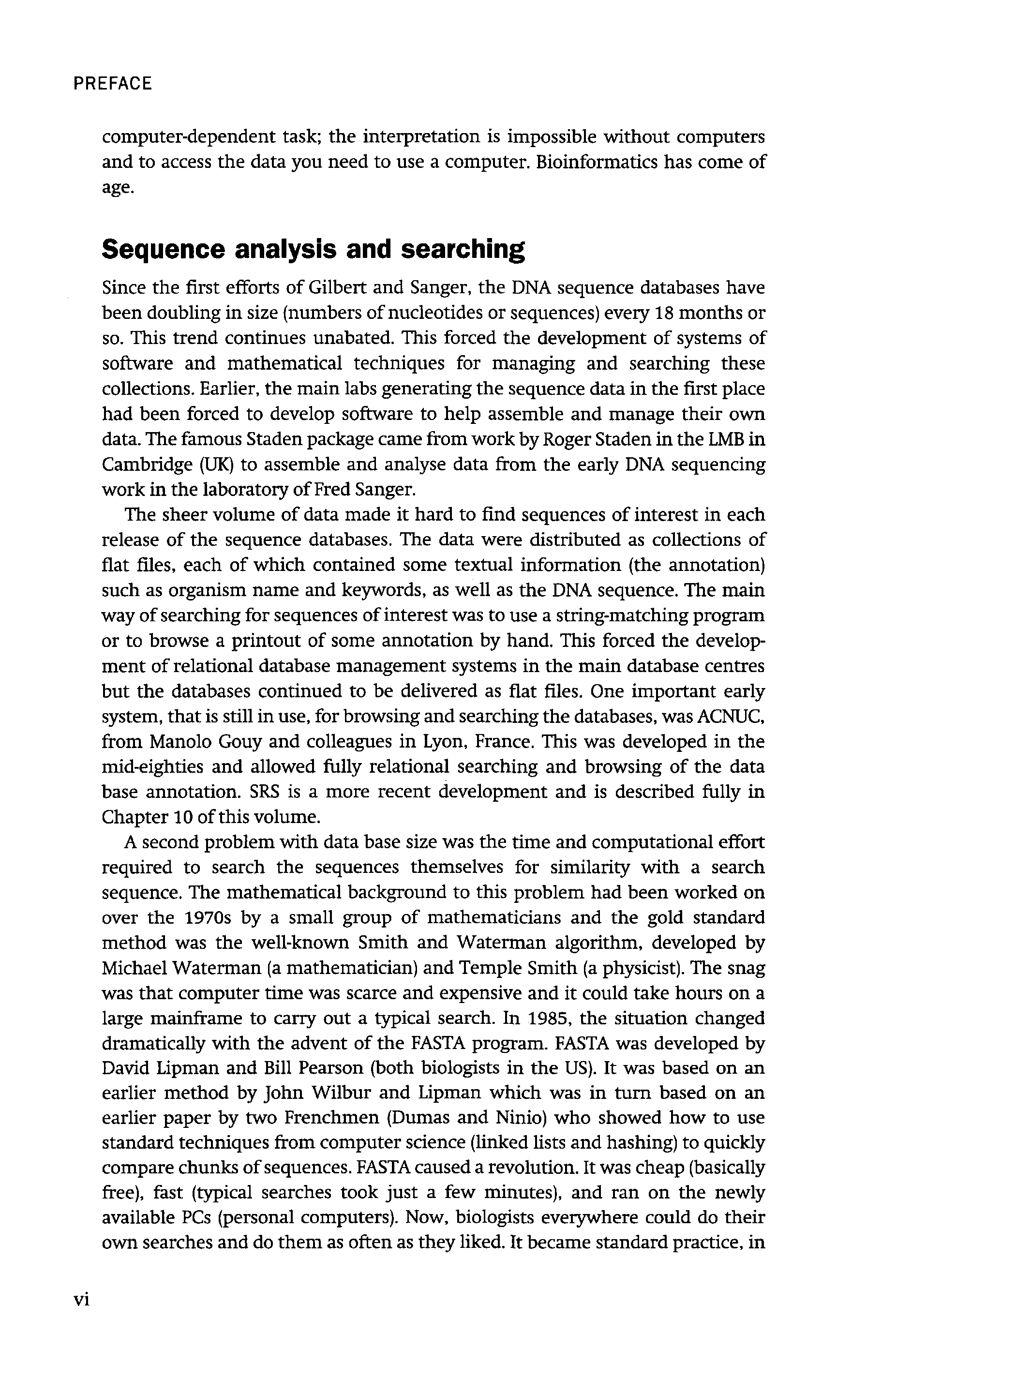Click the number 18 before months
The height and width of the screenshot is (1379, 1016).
[665, 313]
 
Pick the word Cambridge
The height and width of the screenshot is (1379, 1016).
[146, 465]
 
